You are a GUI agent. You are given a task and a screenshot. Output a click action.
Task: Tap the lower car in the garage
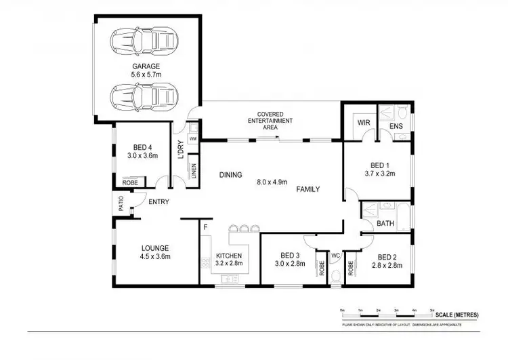point(143,96)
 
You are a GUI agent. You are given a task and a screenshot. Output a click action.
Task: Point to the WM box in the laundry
point(192,139)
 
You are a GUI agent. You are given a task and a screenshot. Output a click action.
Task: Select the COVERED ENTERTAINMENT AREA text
point(274,120)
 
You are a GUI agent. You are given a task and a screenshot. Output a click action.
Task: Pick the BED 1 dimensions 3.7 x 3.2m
point(381,173)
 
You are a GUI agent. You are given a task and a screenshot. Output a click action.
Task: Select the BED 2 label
point(386,257)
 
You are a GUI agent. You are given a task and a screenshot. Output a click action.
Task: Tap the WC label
point(334,256)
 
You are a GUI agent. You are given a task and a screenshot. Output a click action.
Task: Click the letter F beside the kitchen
point(205,227)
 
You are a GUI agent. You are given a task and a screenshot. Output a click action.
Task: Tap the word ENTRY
point(159,201)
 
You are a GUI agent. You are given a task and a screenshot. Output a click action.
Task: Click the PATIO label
point(120,203)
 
